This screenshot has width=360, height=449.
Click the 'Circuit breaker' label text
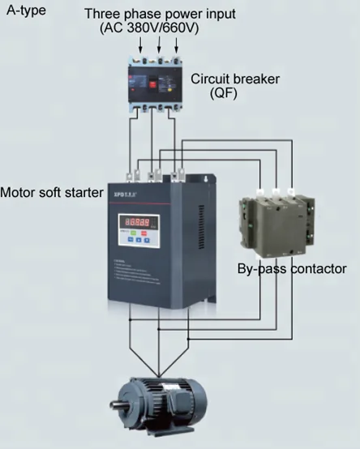234,79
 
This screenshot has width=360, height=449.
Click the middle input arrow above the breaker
152,47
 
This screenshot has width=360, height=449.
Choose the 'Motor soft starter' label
52,193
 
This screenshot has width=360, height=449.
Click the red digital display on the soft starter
139,221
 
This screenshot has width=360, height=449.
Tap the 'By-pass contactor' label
292,268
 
